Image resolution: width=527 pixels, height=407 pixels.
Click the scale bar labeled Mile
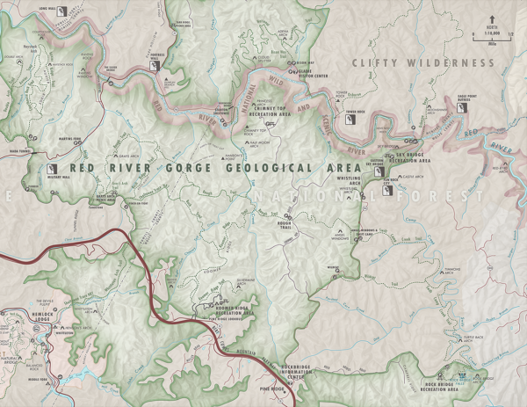492,36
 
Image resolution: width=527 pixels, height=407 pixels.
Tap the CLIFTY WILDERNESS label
422,63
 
